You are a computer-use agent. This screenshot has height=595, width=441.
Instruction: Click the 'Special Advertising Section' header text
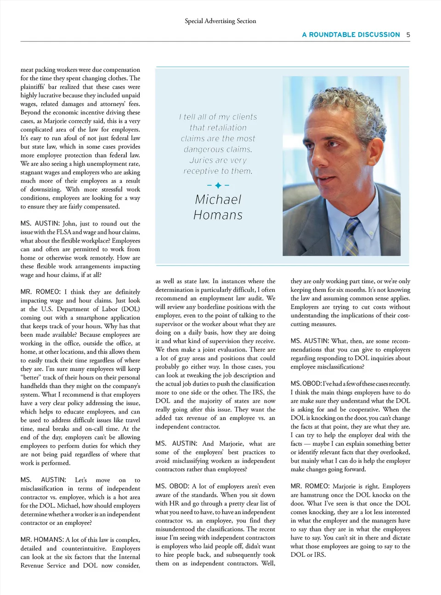coord(220,21)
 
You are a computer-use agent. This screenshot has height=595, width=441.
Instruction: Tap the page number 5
coord(408,34)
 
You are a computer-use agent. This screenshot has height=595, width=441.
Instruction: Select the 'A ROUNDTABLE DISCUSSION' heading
coord(351,34)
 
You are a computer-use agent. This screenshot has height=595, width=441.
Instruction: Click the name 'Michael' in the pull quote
coord(218,199)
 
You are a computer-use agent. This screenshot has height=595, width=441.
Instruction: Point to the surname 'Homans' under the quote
coord(218,215)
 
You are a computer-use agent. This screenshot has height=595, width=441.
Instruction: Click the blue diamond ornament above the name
coord(218,185)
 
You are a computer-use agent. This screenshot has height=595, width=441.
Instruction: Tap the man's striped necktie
coord(352,237)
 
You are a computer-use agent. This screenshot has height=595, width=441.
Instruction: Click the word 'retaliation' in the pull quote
coord(218,128)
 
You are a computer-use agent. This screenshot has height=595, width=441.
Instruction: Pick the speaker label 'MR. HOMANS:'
coord(42,540)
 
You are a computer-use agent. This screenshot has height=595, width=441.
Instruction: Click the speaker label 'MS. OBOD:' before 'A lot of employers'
coord(172,486)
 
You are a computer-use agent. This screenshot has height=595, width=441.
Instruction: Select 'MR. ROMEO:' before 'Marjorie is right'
coord(310,486)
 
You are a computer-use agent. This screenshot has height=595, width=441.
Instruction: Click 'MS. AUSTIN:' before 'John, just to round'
coord(40,223)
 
